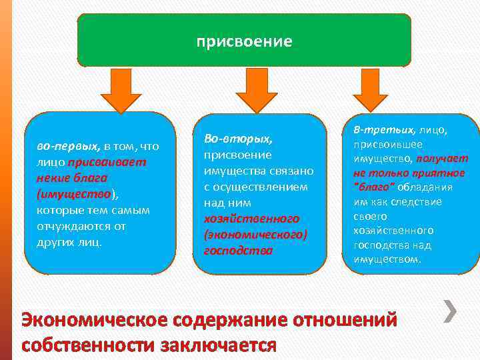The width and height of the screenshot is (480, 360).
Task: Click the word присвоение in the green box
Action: tap(244, 42)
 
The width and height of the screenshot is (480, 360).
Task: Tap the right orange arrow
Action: tap(370, 90)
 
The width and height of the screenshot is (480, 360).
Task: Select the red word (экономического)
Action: tap(255, 235)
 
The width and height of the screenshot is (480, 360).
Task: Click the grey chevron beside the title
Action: tap(451, 311)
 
